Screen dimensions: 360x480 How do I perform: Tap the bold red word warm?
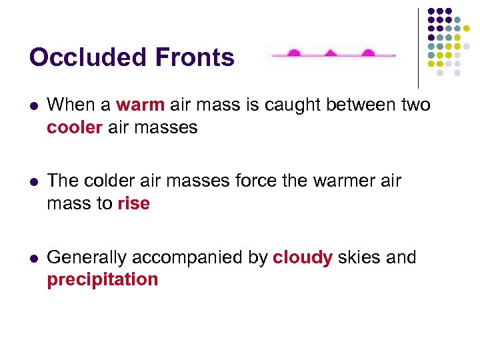click(140, 105)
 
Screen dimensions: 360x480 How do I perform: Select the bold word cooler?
click(73, 127)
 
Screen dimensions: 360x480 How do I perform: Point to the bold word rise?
click(133, 203)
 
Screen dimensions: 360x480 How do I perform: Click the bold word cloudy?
click(303, 257)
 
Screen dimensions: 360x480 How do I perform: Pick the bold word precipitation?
click(103, 279)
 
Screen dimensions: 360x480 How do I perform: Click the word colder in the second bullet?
click(111, 181)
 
